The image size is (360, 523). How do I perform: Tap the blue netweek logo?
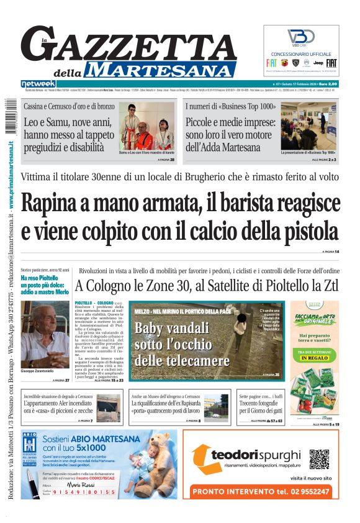coord(38,83)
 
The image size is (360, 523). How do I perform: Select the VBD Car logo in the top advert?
coord(301,37)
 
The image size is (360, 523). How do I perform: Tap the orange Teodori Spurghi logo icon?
coord(201,460)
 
